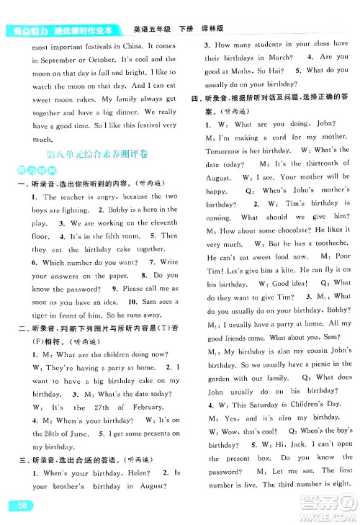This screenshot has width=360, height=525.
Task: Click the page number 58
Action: point(19,509)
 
